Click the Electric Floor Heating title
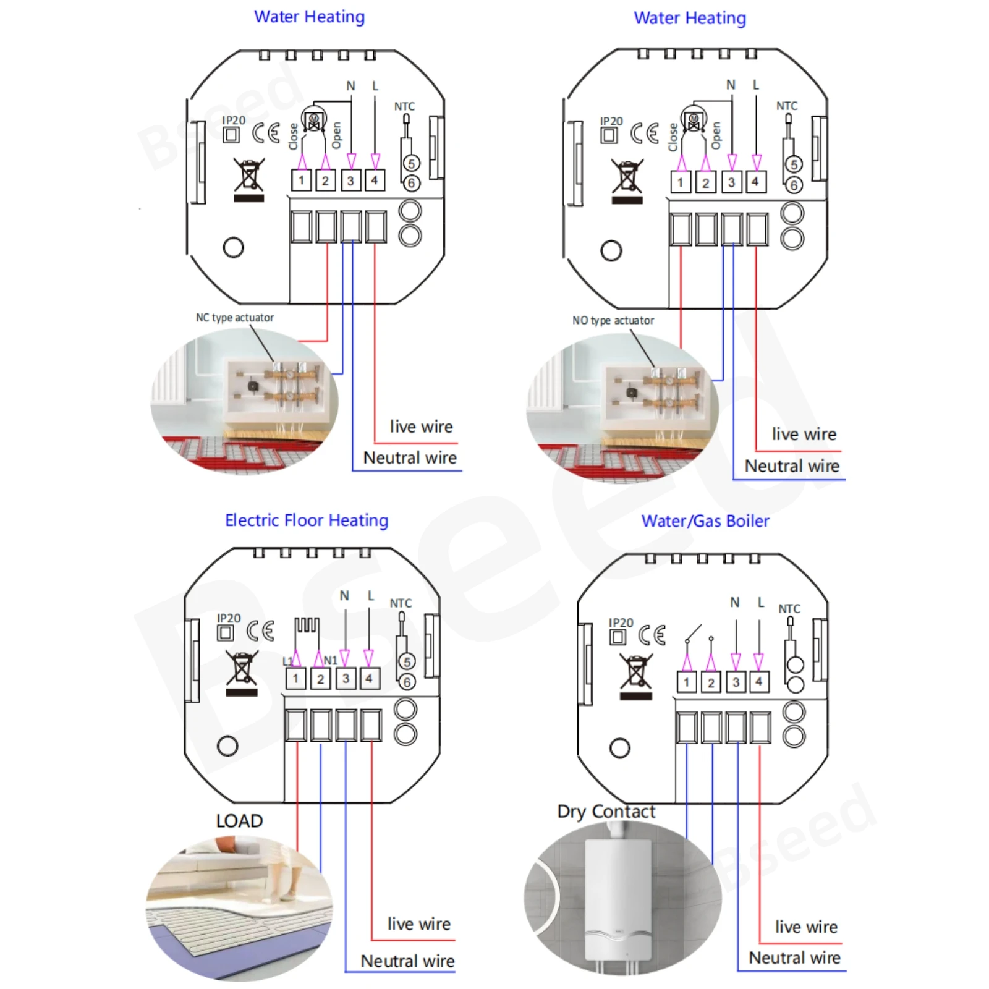point(307,520)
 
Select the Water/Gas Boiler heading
point(705,521)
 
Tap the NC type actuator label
point(235,318)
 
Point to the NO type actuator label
point(613,320)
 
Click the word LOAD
point(239,821)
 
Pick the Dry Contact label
point(606,811)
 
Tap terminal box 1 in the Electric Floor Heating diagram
point(295,679)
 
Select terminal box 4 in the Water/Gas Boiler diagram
point(758,682)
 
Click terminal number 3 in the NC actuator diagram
point(350,180)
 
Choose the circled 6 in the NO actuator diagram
point(794,185)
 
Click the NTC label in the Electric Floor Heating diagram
point(401,603)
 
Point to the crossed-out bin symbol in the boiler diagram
point(636,676)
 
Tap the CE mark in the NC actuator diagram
point(266,132)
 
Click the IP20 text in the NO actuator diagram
point(611,121)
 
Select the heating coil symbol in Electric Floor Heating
point(307,626)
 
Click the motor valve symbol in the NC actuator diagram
point(313,119)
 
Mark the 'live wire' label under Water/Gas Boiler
point(806,927)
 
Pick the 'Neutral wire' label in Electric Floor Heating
point(407,961)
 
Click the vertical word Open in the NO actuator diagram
point(716,135)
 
